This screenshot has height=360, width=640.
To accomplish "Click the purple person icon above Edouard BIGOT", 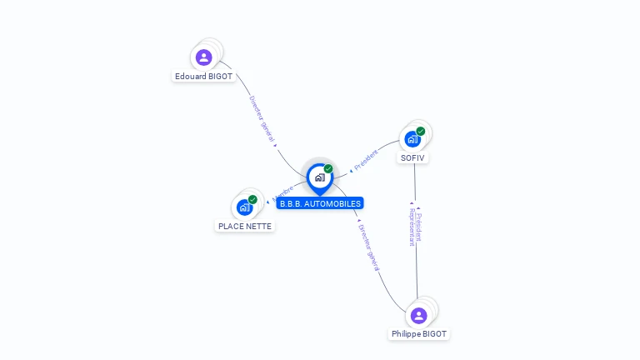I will pos(204,57).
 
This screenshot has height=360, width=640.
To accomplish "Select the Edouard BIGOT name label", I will pos(204,76).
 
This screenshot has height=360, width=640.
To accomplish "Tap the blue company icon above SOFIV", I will pos(412,139).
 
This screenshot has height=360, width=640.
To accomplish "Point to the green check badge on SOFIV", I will pos(421,131).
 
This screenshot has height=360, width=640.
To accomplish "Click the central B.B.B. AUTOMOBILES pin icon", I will pos(319,177).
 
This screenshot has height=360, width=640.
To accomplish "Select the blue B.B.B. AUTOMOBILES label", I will pos(320,203).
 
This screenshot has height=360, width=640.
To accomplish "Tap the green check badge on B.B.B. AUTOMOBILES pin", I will pos(328,168).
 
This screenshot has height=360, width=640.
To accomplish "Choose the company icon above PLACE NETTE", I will pos(244,207).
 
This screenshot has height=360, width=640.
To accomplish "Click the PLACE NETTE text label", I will pos(245,226).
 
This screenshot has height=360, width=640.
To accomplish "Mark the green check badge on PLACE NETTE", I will pos(252,199).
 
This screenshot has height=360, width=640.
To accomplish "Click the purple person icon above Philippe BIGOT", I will pos(418,315).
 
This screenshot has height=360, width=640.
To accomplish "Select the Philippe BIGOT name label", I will pos(419,334).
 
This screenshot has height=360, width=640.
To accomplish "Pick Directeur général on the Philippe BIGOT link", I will pos(369,247).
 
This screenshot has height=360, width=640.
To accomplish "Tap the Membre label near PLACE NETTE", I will pos(282,194).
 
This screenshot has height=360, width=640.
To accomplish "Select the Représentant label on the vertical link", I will pos(412,227).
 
